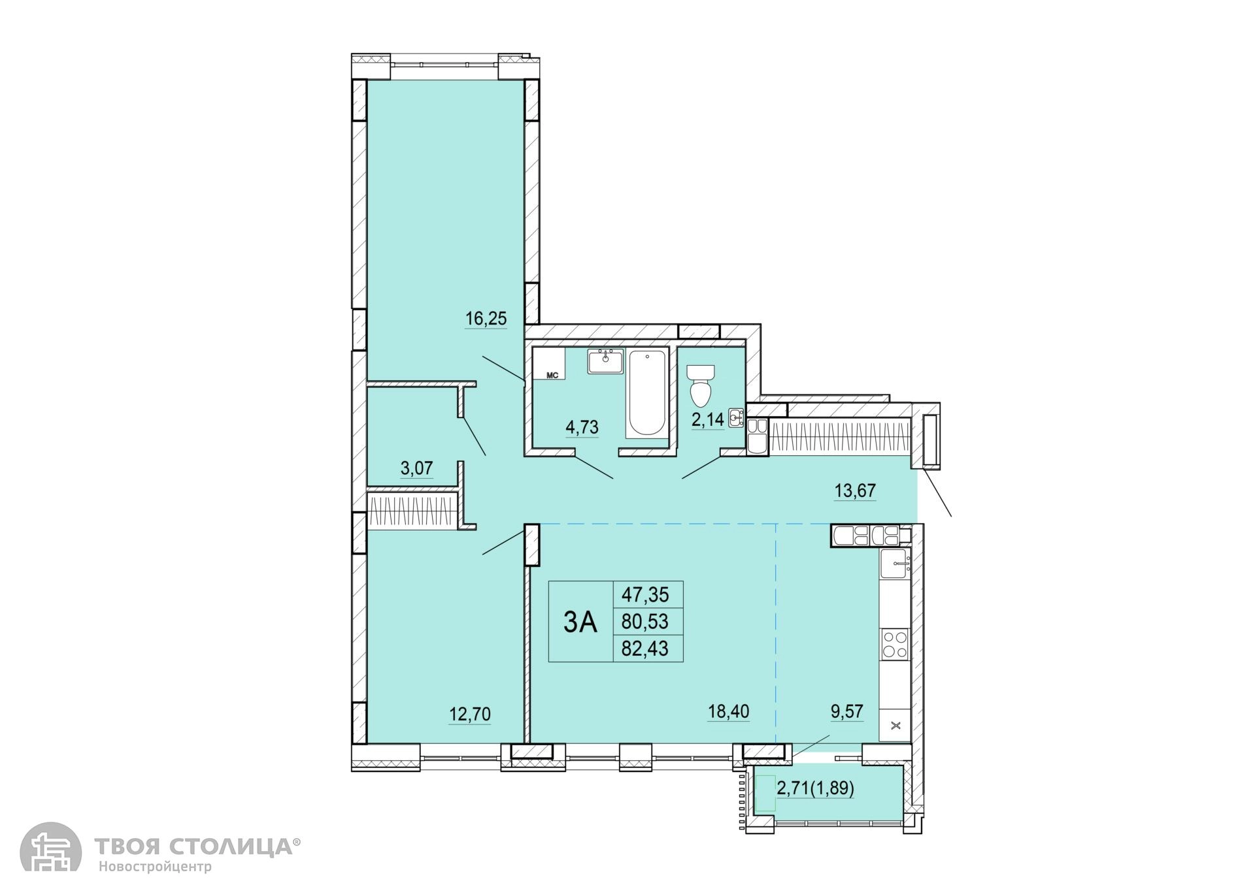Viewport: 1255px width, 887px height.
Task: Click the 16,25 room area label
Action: (486, 319)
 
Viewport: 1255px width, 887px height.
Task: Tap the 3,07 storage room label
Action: (416, 468)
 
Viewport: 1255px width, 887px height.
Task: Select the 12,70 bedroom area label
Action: (469, 715)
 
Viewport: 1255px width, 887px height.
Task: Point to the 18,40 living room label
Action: (728, 711)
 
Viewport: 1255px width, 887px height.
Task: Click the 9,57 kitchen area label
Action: (847, 711)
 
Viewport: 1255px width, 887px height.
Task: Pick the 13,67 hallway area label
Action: (855, 491)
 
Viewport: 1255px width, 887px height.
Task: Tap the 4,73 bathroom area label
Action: (582, 427)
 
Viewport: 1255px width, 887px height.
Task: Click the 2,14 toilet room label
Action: (708, 419)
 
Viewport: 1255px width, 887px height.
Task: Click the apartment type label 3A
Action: (580, 623)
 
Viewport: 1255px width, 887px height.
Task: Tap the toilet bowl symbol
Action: (701, 385)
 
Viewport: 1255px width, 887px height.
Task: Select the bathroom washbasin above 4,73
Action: (606, 361)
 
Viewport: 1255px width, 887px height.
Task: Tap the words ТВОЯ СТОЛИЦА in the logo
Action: (194, 847)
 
